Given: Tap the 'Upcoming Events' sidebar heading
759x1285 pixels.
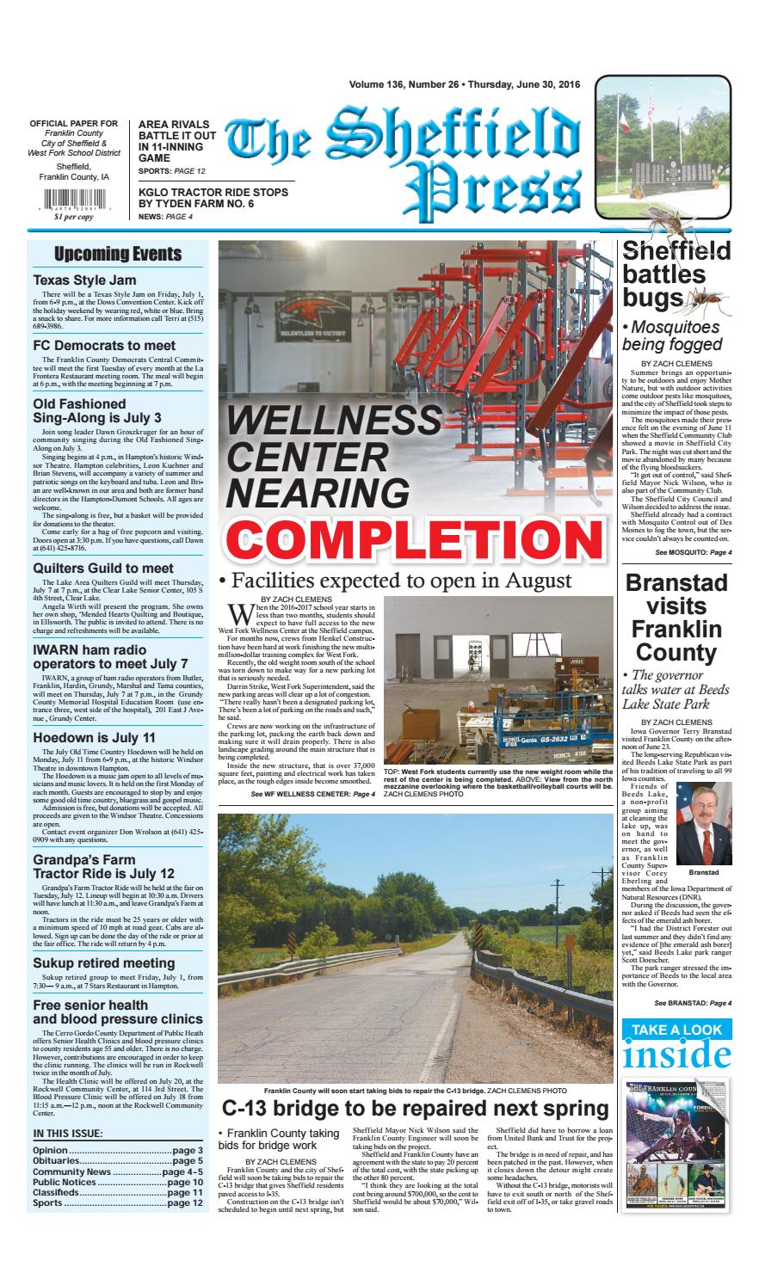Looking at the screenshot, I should click(118, 254).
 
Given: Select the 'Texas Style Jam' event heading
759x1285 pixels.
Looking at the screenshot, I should click(84, 280).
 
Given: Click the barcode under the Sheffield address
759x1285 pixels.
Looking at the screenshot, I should click(74, 207).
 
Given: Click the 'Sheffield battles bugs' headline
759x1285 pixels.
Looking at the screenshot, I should click(676, 274).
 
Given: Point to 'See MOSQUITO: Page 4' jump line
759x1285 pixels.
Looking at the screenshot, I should click(693, 551).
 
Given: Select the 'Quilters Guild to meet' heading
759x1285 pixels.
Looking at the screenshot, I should click(103, 568).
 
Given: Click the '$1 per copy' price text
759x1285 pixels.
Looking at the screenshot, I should click(74, 218).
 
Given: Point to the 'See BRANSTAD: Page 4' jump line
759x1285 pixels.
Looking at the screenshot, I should click(693, 1003).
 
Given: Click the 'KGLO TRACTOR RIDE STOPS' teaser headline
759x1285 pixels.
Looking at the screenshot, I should click(213, 192).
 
